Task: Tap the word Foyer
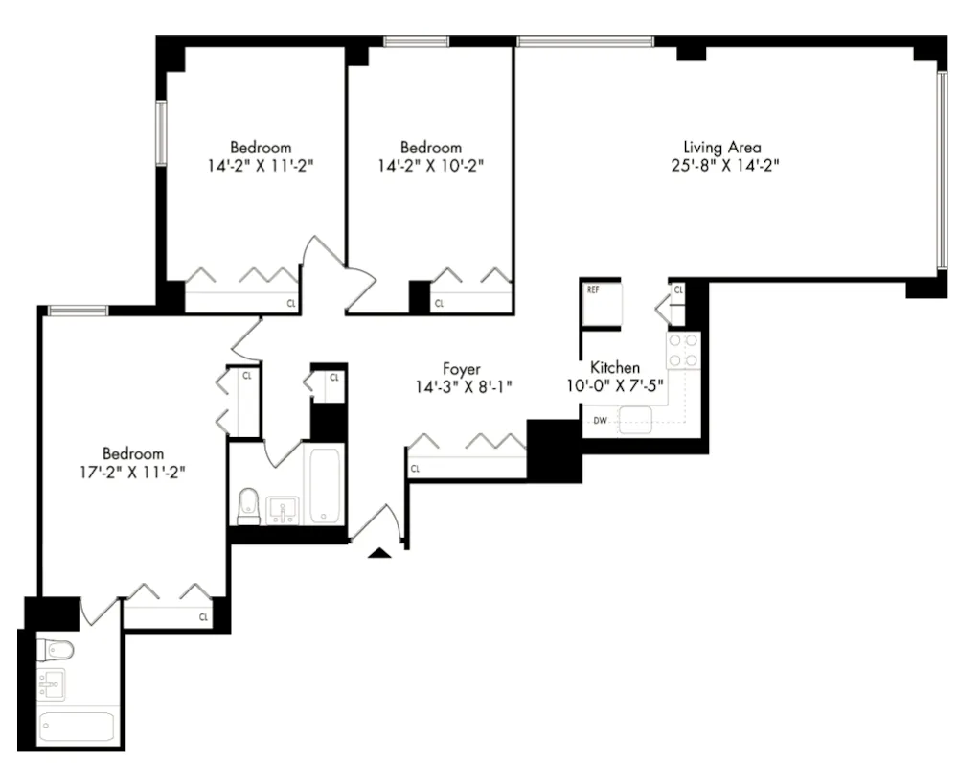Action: pos(461,369)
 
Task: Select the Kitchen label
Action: pos(614,368)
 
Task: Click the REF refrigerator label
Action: pos(593,290)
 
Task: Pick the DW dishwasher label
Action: pos(600,420)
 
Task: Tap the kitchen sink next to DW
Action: pos(634,419)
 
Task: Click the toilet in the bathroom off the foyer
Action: pos(248,505)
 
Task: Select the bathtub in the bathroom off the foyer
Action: pos(324,484)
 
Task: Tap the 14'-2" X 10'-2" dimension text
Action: pos(430,164)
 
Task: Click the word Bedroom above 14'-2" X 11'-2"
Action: pos(261,147)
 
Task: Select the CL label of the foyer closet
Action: pos(416,469)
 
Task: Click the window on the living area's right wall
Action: pos(942,169)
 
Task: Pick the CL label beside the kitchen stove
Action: pos(677,289)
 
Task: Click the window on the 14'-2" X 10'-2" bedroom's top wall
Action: pos(416,41)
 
